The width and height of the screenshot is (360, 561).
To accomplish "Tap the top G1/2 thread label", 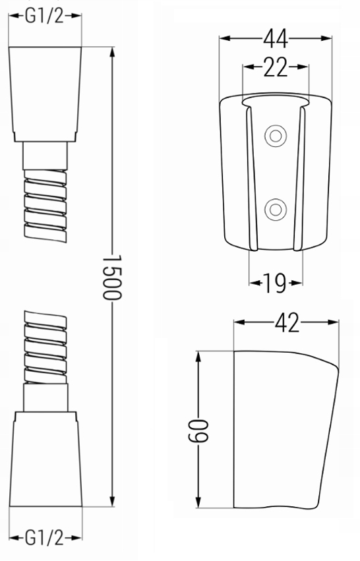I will [44, 15].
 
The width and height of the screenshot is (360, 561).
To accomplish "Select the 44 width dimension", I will [276, 40].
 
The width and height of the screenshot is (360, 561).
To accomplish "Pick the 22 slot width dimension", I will [276, 67].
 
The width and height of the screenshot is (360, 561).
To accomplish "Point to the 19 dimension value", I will [276, 284].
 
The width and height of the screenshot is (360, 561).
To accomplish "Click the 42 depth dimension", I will [285, 322].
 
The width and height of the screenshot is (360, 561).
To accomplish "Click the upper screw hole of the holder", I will [274, 136].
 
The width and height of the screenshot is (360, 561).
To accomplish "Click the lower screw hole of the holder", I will [274, 210].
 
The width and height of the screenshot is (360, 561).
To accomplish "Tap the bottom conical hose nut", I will [45, 461].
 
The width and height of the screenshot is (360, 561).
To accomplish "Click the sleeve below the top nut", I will [45, 156].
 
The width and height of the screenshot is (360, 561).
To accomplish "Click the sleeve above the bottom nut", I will [45, 398].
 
